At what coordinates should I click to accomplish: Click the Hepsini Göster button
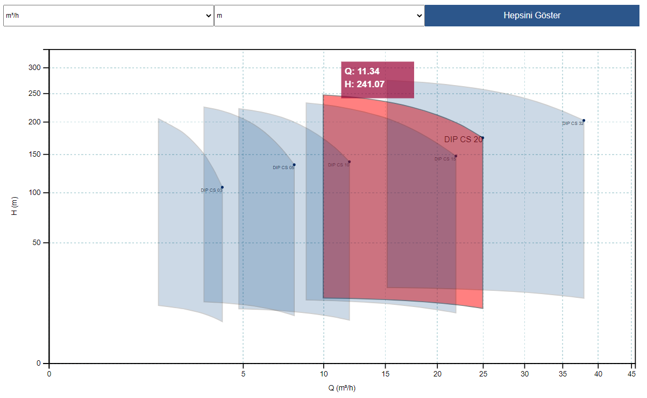pos(532,15)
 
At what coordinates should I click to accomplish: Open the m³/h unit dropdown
pos(108,16)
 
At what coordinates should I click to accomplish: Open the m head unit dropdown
pos(319,16)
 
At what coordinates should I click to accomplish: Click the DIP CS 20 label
pos(463,139)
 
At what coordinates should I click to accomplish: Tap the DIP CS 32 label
pos(572,123)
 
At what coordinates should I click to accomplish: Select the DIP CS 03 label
pos(211,190)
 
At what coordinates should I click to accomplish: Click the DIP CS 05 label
pos(283,167)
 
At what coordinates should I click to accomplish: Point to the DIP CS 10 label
pos(338,165)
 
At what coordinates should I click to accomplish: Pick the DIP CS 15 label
pos(445,159)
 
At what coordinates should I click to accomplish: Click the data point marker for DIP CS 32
pos(584,121)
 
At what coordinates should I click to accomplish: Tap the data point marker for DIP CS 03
pos(222,187)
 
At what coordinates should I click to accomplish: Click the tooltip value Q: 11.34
pos(362,71)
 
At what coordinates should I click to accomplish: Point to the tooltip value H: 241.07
pos(365,84)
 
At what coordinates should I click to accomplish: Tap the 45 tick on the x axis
pos(632,373)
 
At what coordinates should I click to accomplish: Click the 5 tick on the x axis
pos(243,373)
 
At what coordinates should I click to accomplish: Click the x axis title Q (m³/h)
pos(342,388)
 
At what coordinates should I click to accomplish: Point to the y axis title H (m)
pos(15,206)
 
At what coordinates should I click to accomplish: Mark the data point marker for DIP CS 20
pos(482,138)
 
